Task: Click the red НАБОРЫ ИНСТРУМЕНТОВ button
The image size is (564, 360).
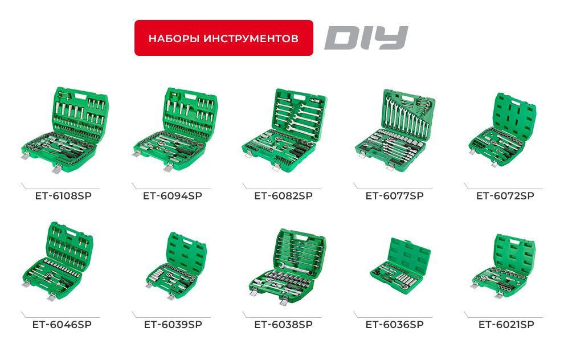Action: pos(223,38)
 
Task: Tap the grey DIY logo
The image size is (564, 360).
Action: pos(366,38)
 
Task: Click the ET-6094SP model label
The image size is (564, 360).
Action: pos(173,196)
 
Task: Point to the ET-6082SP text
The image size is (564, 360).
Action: pos(283,196)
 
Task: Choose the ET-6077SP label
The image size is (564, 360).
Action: pos(394,196)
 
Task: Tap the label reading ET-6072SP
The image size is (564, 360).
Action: pos(505,196)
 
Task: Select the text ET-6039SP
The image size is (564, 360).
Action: pos(173,325)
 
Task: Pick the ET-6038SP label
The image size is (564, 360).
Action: pos(283,325)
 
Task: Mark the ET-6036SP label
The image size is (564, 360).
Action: pos(394,325)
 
